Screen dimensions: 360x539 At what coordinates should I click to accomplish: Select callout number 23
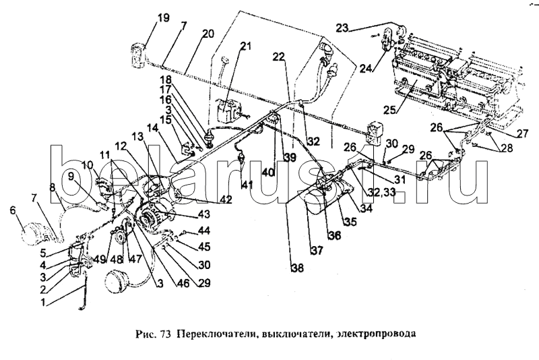point(344,28)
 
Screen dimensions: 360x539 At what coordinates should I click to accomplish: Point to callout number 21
point(245,47)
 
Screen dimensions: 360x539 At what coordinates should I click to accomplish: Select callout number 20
point(208,33)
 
